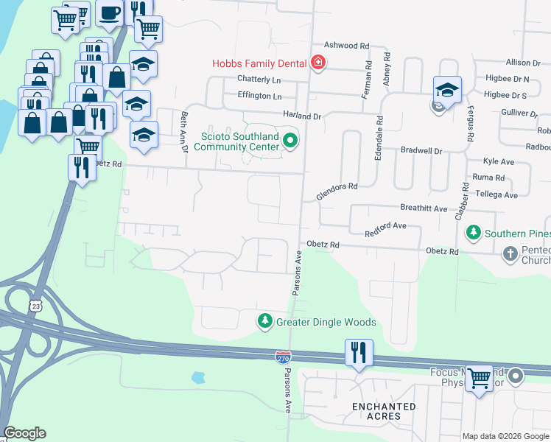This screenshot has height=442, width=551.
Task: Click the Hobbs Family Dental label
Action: point(259,64)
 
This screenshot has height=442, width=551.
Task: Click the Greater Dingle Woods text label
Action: point(326,322)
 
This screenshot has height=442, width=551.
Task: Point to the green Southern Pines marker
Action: point(474,234)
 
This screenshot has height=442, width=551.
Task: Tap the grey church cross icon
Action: point(510,254)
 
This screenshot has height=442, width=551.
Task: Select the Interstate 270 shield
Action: point(283,357)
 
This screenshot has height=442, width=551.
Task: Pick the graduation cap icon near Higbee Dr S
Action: point(447,89)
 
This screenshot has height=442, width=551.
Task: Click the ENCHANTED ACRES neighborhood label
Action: point(383,411)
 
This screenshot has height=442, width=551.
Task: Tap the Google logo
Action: point(24,433)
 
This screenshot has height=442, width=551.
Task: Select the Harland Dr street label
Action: point(303,116)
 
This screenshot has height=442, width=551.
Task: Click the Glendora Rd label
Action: point(337,192)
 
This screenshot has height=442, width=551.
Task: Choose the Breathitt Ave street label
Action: point(424,209)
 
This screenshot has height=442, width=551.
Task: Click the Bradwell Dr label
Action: point(421,150)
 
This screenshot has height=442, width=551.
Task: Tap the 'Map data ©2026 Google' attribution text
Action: point(505,436)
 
